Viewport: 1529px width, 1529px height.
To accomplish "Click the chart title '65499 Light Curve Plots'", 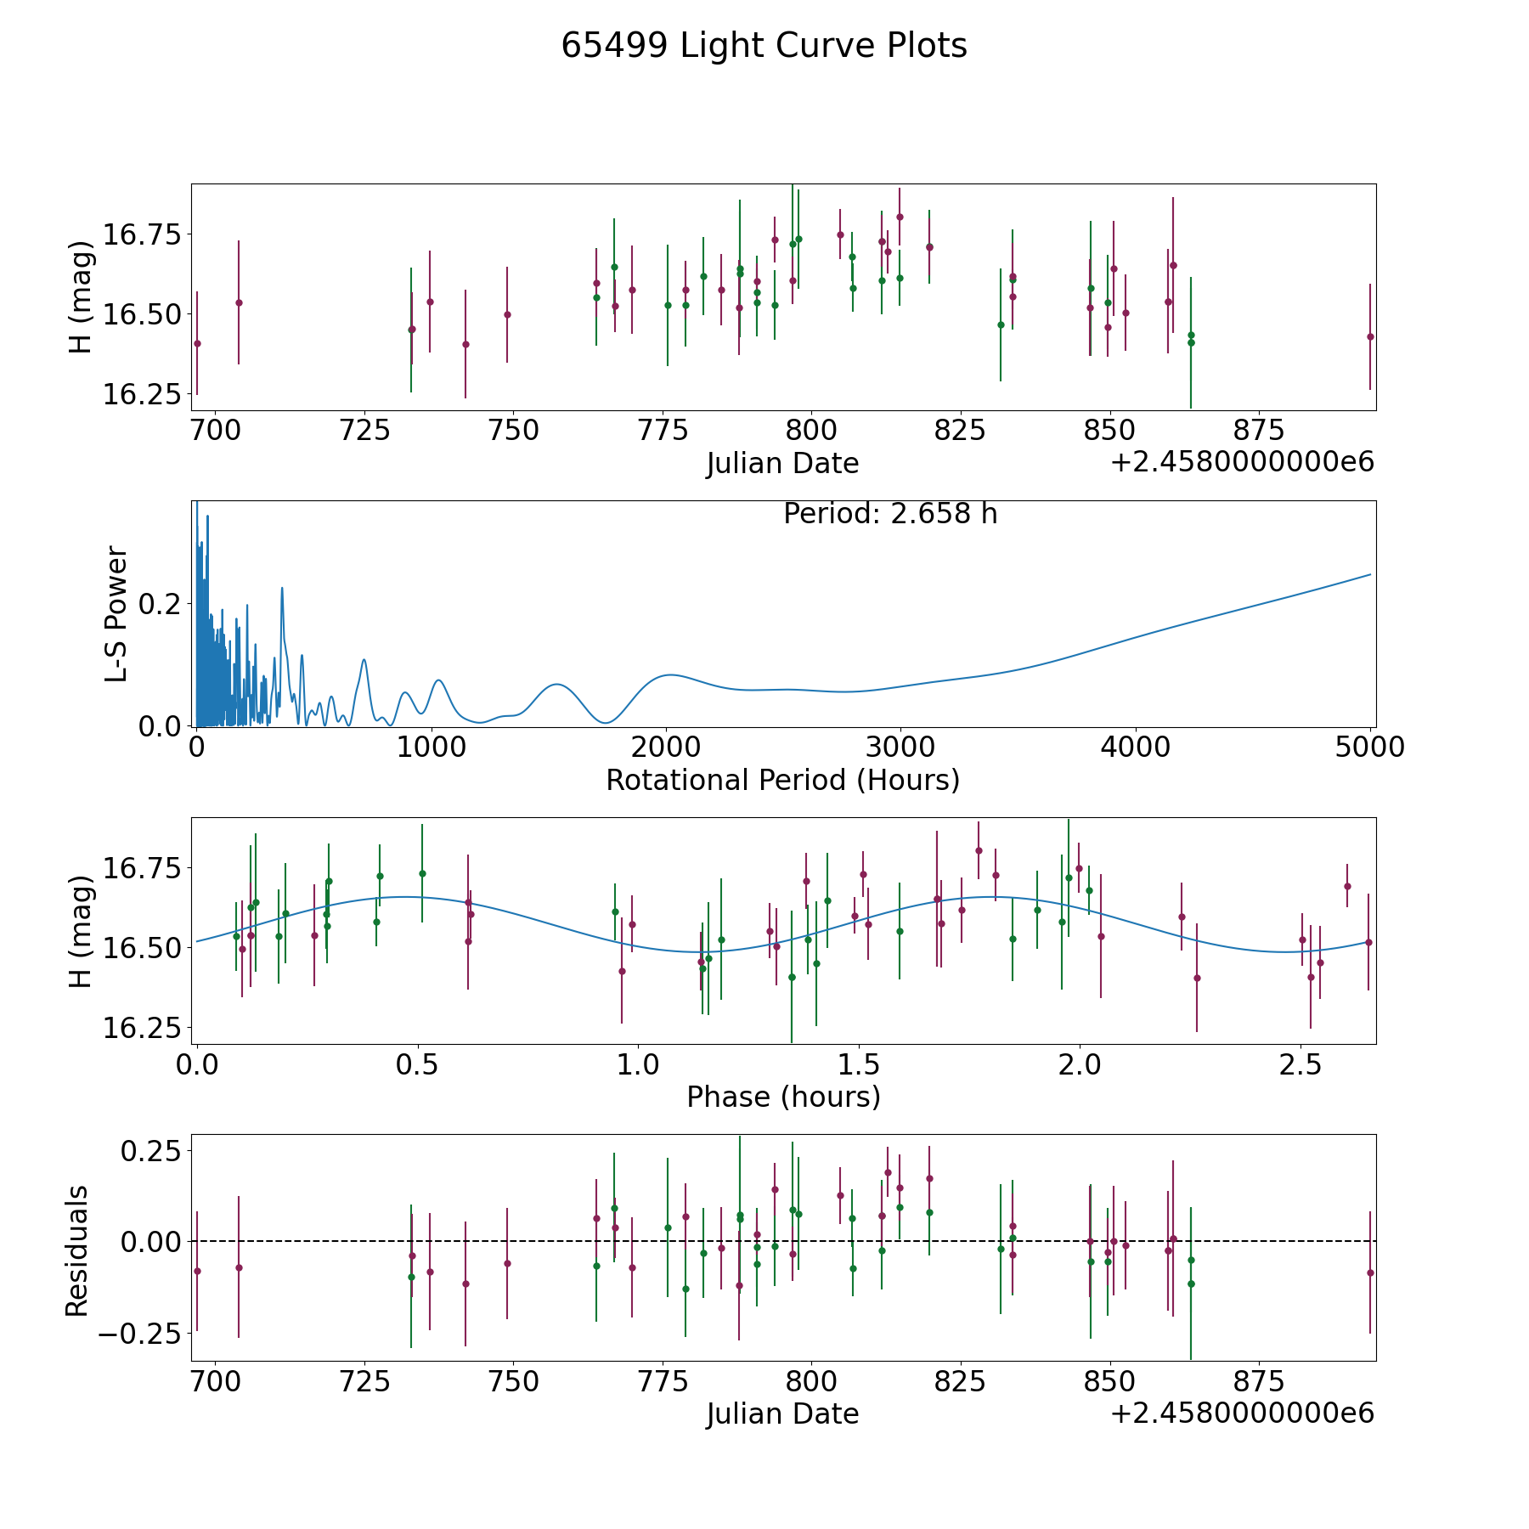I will [x=764, y=46].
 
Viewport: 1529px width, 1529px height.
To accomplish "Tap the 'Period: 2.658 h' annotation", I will [x=889, y=514].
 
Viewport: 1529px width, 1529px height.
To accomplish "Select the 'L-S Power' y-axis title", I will [x=116, y=613].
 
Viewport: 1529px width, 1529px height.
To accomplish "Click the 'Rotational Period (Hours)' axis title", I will [x=782, y=780].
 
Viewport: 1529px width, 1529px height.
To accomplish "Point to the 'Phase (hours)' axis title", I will [x=782, y=1097].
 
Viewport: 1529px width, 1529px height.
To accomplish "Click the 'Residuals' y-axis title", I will [x=77, y=1250].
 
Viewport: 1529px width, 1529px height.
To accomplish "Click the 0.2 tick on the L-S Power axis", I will [x=161, y=604].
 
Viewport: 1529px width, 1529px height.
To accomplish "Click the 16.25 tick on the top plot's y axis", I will [x=142, y=395].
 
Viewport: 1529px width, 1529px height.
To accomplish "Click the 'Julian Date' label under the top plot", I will [x=782, y=464].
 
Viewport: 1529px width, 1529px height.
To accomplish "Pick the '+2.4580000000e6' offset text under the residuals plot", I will [x=1242, y=1413].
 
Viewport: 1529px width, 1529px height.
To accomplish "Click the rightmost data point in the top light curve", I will [x=1370, y=337].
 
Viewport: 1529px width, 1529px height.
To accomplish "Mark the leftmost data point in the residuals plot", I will [x=197, y=1271].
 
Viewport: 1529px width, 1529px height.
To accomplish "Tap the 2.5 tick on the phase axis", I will [x=1300, y=1064].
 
